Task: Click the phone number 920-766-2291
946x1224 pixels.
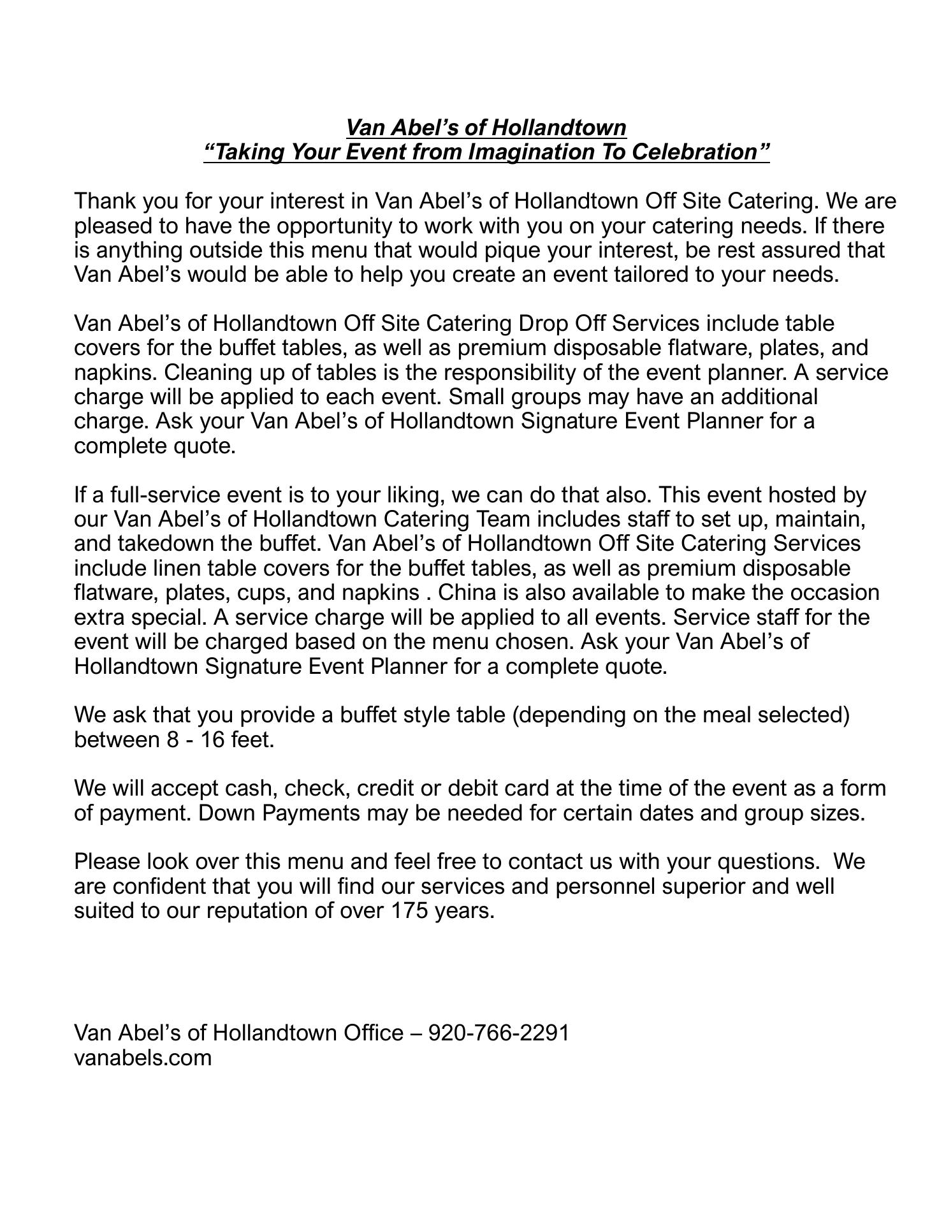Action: pyautogui.click(x=498, y=1032)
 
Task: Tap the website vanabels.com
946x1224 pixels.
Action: pyautogui.click(x=143, y=1057)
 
